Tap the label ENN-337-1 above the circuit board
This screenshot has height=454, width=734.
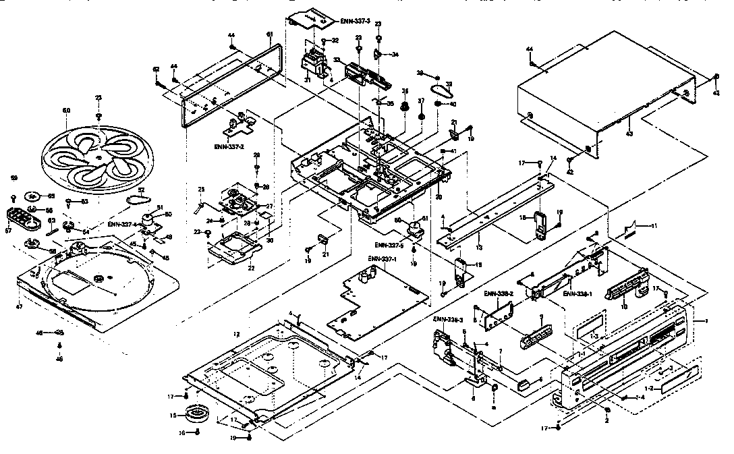coord(382,258)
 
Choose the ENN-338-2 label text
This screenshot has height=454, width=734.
coord(499,294)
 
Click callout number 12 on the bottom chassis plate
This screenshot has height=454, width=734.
coord(237,335)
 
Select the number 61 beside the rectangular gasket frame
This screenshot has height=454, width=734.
coord(269,34)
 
